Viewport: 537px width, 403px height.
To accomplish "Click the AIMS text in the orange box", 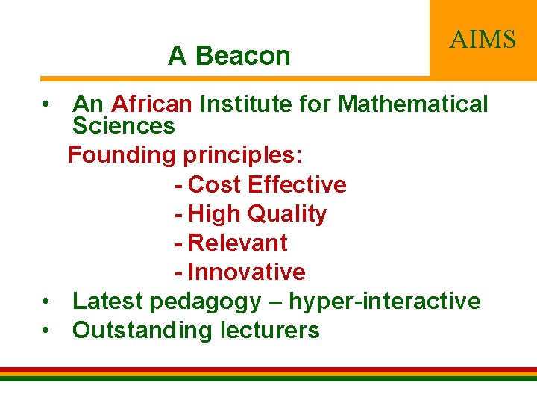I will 483,39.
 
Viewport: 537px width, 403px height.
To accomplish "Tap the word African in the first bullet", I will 152,104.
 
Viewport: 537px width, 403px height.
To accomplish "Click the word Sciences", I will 123,125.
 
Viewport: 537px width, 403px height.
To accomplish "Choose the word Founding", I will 120,155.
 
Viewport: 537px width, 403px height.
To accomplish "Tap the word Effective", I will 297,184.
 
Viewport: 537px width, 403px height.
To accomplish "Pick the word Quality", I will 287,213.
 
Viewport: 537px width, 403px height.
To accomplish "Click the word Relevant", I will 238,243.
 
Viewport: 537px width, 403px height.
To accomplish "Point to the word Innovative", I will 247,272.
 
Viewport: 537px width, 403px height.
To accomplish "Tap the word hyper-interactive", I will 384,301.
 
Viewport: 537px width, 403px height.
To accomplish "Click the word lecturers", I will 269,330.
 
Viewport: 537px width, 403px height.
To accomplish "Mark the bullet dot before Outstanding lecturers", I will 46,331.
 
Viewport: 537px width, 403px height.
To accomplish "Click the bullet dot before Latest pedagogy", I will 46,302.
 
